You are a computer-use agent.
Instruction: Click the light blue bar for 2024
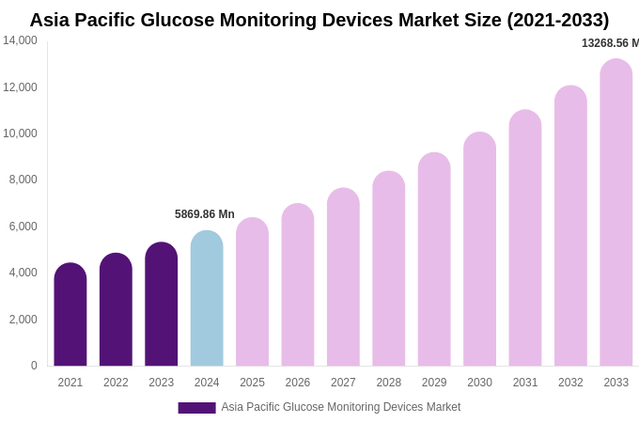click(207, 299)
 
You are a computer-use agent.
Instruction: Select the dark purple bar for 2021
click(70, 315)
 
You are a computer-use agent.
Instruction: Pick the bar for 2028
click(388, 269)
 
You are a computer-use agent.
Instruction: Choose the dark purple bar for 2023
click(161, 305)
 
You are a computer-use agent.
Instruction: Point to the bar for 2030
click(479, 249)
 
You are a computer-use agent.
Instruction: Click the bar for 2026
click(298, 285)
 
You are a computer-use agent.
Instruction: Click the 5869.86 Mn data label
click(205, 214)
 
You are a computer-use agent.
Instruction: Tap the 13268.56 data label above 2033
click(610, 43)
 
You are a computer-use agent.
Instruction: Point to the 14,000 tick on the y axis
click(20, 40)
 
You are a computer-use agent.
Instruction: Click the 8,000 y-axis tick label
click(23, 180)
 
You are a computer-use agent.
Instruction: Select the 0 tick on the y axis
click(34, 366)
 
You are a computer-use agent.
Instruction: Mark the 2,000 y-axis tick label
click(23, 320)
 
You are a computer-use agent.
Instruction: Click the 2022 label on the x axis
click(116, 383)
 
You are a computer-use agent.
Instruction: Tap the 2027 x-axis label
click(343, 383)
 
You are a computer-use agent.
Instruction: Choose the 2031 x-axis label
click(525, 383)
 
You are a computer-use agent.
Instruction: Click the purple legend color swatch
click(196, 408)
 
